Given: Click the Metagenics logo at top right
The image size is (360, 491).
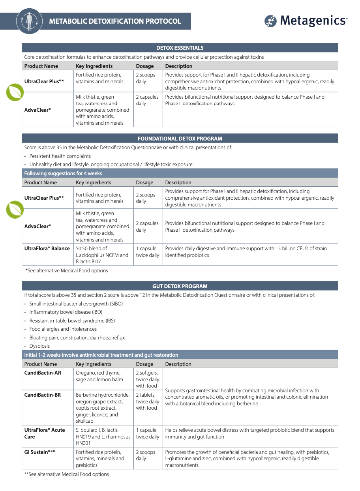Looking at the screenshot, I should pos(306,21).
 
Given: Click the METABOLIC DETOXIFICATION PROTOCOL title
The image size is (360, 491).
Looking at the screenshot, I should pos(115,21).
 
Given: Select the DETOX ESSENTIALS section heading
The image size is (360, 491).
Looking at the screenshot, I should pos(180,48).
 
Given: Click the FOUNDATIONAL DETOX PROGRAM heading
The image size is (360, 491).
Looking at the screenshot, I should pos(180,139).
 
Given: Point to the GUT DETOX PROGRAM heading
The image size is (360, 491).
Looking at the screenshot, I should pos(180,286).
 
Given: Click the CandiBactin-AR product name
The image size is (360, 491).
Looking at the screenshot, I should pos(43,373).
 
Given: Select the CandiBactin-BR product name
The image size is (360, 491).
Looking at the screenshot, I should pos(43,395).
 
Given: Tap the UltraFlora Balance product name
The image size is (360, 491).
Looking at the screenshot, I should pos(47,249).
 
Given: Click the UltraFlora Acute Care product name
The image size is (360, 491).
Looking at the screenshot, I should pos(45,433).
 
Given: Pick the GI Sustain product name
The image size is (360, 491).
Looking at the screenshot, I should pos(39,452).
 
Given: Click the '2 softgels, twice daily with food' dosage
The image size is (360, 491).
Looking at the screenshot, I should pos(147,379).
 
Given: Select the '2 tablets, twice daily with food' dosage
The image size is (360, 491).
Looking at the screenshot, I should pos(147,401).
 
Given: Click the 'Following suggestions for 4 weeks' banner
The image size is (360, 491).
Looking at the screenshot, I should pos(63,174).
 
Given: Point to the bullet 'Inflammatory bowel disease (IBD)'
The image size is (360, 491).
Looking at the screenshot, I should pos(66,312).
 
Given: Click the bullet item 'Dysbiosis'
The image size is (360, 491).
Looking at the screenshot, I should pos(39,346).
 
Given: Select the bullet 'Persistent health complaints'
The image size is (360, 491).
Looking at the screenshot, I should pos(60,156).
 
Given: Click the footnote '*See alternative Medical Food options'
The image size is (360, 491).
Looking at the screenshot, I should pos(67,271).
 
